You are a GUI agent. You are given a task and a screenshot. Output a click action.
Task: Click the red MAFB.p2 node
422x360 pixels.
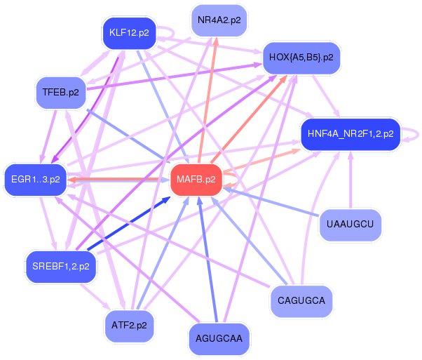pyautogui.click(x=196, y=180)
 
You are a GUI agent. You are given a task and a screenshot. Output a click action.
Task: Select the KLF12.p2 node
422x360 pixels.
pyautogui.click(x=129, y=33)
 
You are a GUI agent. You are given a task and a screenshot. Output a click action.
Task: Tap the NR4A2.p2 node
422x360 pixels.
pyautogui.click(x=219, y=20)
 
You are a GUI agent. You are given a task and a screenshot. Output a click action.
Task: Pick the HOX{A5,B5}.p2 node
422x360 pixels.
pyautogui.click(x=301, y=57)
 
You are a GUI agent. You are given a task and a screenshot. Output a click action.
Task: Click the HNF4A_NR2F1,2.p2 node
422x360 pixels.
pyautogui.click(x=350, y=133)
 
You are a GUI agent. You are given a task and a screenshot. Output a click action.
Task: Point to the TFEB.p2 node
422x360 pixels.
pyautogui.click(x=60, y=93)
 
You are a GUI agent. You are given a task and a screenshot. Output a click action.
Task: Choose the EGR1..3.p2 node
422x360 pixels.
pyautogui.click(x=36, y=179)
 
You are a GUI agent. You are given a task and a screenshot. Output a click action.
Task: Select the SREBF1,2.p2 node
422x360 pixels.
pyautogui.click(x=60, y=266)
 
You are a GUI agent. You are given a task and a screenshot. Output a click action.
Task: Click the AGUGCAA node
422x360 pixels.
pyautogui.click(x=219, y=338)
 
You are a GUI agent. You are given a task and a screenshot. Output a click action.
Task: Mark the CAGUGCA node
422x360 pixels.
pyautogui.click(x=301, y=301)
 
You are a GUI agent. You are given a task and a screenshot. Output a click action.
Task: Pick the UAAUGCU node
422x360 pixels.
pyautogui.click(x=350, y=225)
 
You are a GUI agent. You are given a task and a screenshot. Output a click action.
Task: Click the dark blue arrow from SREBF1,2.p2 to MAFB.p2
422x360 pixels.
pyautogui.click(x=126, y=225)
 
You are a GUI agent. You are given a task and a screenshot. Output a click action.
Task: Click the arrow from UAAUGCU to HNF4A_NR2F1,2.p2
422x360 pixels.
pyautogui.click(x=350, y=182)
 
